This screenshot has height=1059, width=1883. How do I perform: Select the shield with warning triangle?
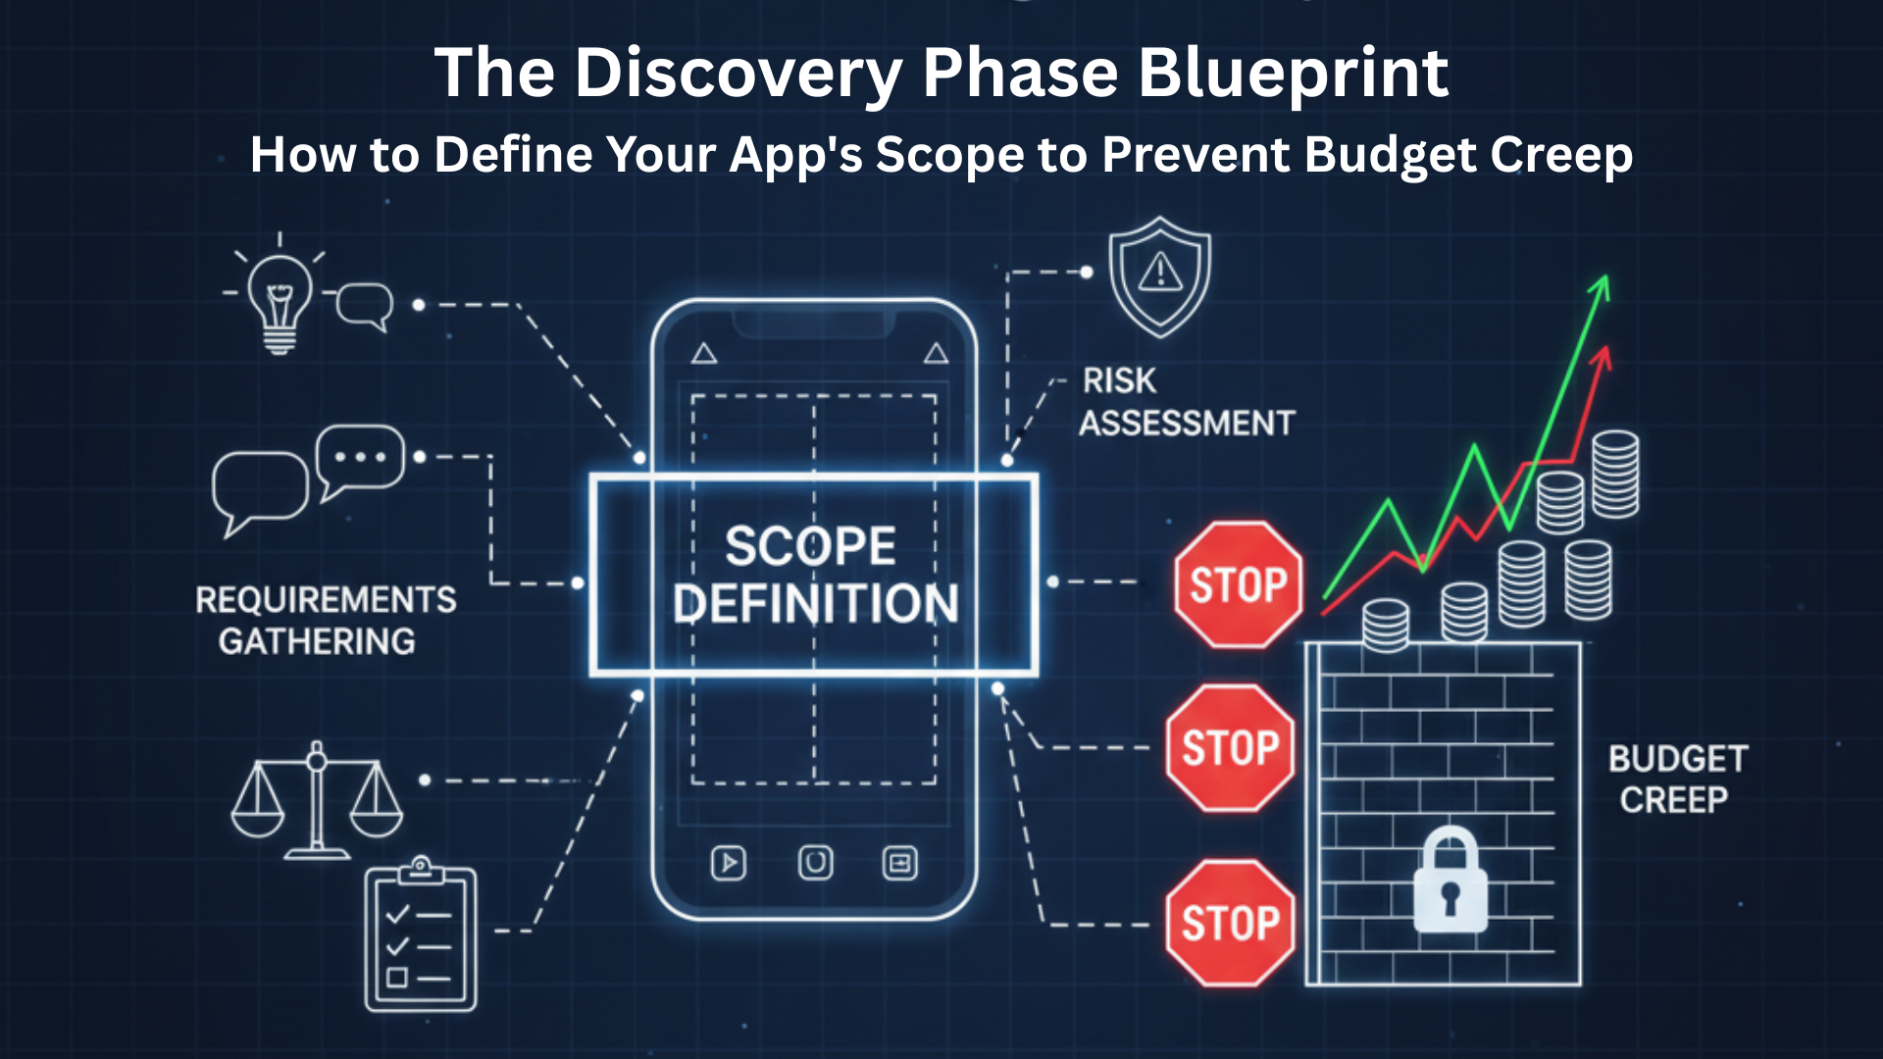pyautogui.click(x=1160, y=277)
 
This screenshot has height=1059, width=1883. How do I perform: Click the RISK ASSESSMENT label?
pyautogui.click(x=1186, y=402)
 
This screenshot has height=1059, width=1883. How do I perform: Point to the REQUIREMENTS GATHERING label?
pyautogui.click(x=325, y=620)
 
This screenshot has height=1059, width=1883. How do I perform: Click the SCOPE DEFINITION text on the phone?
pyautogui.click(x=813, y=575)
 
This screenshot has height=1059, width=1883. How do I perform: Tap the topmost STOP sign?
pyautogui.click(x=1239, y=585)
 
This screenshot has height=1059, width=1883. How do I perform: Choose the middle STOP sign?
pyautogui.click(x=1231, y=748)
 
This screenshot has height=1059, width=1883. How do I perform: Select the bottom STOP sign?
pyautogui.click(x=1231, y=923)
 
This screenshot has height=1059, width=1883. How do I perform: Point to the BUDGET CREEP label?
pyautogui.click(x=1677, y=780)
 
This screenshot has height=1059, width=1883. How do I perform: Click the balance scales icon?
pyautogui.click(x=317, y=800)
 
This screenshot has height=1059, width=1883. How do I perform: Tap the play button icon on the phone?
pyautogui.click(x=728, y=863)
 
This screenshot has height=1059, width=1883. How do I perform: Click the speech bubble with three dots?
pyautogui.click(x=360, y=459)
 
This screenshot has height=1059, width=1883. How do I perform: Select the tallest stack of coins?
pyautogui.click(x=1614, y=475)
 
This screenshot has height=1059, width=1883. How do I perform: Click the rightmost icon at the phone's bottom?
pyautogui.click(x=899, y=863)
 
